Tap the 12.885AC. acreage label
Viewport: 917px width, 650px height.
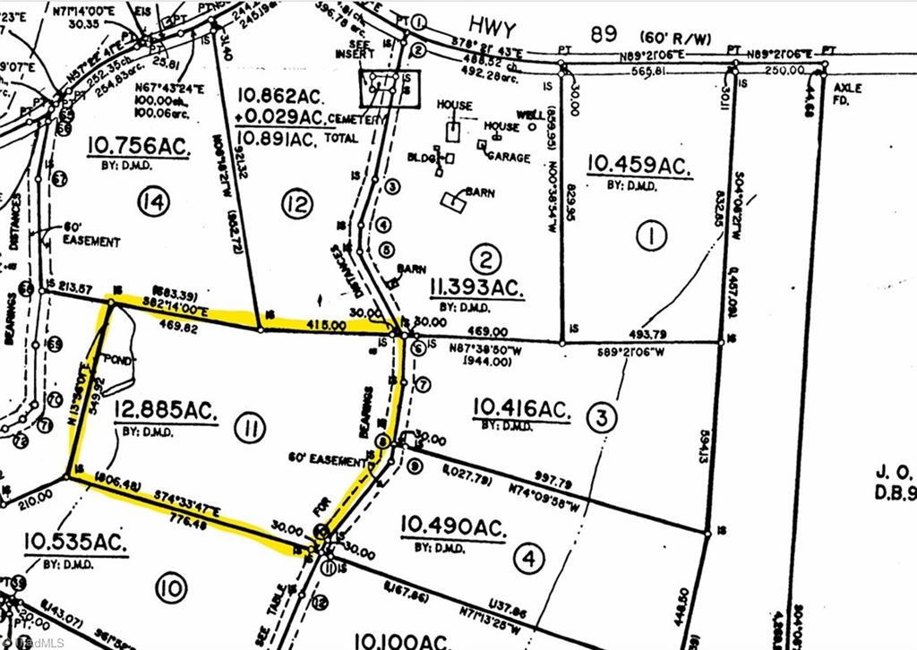coord(166,411)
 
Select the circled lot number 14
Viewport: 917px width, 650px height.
coord(154,203)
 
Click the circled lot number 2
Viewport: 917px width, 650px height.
coord(485,261)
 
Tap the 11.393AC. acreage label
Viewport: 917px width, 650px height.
coord(475,287)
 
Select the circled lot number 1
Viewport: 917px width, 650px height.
coord(651,236)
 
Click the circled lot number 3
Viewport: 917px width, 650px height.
coord(601,416)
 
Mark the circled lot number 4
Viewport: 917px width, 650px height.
coord(529,560)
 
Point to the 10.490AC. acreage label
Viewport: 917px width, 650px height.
coord(453,526)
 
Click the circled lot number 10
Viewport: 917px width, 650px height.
coord(171,588)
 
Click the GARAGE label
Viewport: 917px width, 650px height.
coord(508,157)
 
